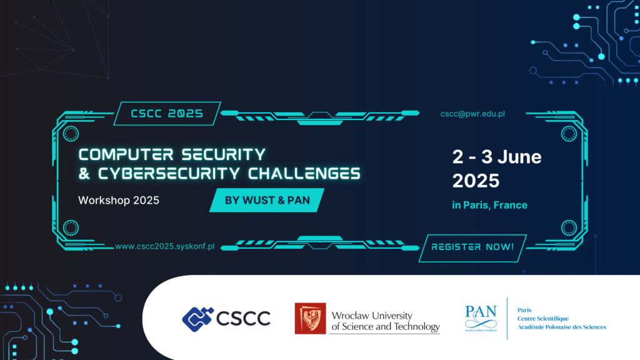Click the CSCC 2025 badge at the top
click(x=167, y=114)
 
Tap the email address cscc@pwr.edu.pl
click(x=472, y=114)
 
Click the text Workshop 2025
click(x=118, y=201)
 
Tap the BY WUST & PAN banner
click(x=267, y=201)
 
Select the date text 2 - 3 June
click(x=496, y=157)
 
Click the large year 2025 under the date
click(x=476, y=181)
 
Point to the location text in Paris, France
click(x=489, y=205)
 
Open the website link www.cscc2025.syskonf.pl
click(x=165, y=246)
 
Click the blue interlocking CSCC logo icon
click(x=197, y=318)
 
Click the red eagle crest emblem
click(x=310, y=318)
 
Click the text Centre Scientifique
click(x=543, y=319)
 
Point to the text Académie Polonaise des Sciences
click(x=561, y=327)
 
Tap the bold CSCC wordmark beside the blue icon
click(x=243, y=319)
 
